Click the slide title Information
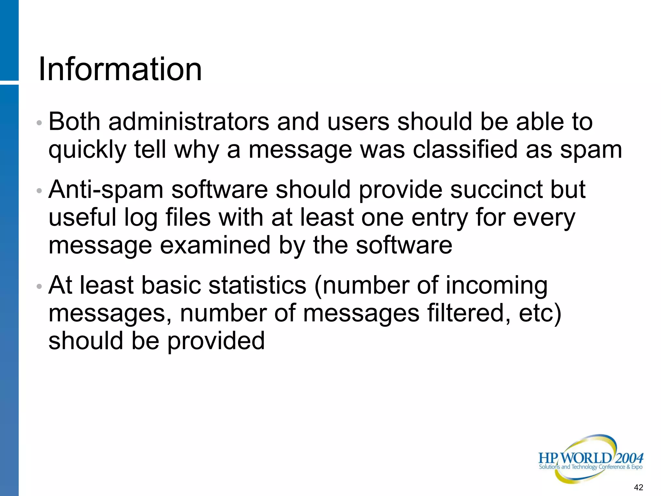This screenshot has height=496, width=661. (120, 69)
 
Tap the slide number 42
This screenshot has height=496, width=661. (638, 487)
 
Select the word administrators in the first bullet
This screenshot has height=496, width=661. (189, 122)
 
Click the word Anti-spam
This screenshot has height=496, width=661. (106, 190)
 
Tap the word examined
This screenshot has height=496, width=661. (215, 245)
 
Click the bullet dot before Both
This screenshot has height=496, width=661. (39, 123)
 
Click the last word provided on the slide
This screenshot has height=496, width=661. (216, 341)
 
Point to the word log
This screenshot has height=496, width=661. (141, 218)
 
